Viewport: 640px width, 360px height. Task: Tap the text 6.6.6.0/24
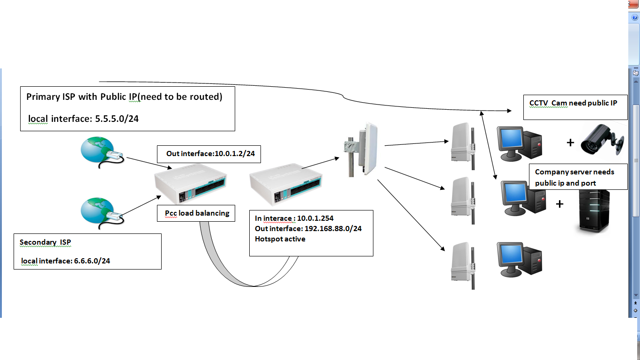click(92, 261)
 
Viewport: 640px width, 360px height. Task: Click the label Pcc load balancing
click(197, 213)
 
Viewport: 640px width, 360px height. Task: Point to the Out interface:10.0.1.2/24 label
click(213, 153)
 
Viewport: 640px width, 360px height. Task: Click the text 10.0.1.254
click(315, 218)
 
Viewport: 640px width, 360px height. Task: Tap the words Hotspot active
click(280, 239)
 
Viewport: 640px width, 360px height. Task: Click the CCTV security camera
click(602, 139)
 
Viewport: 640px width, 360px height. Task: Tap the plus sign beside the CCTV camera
click(570, 142)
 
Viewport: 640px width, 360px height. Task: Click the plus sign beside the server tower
click(559, 204)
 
